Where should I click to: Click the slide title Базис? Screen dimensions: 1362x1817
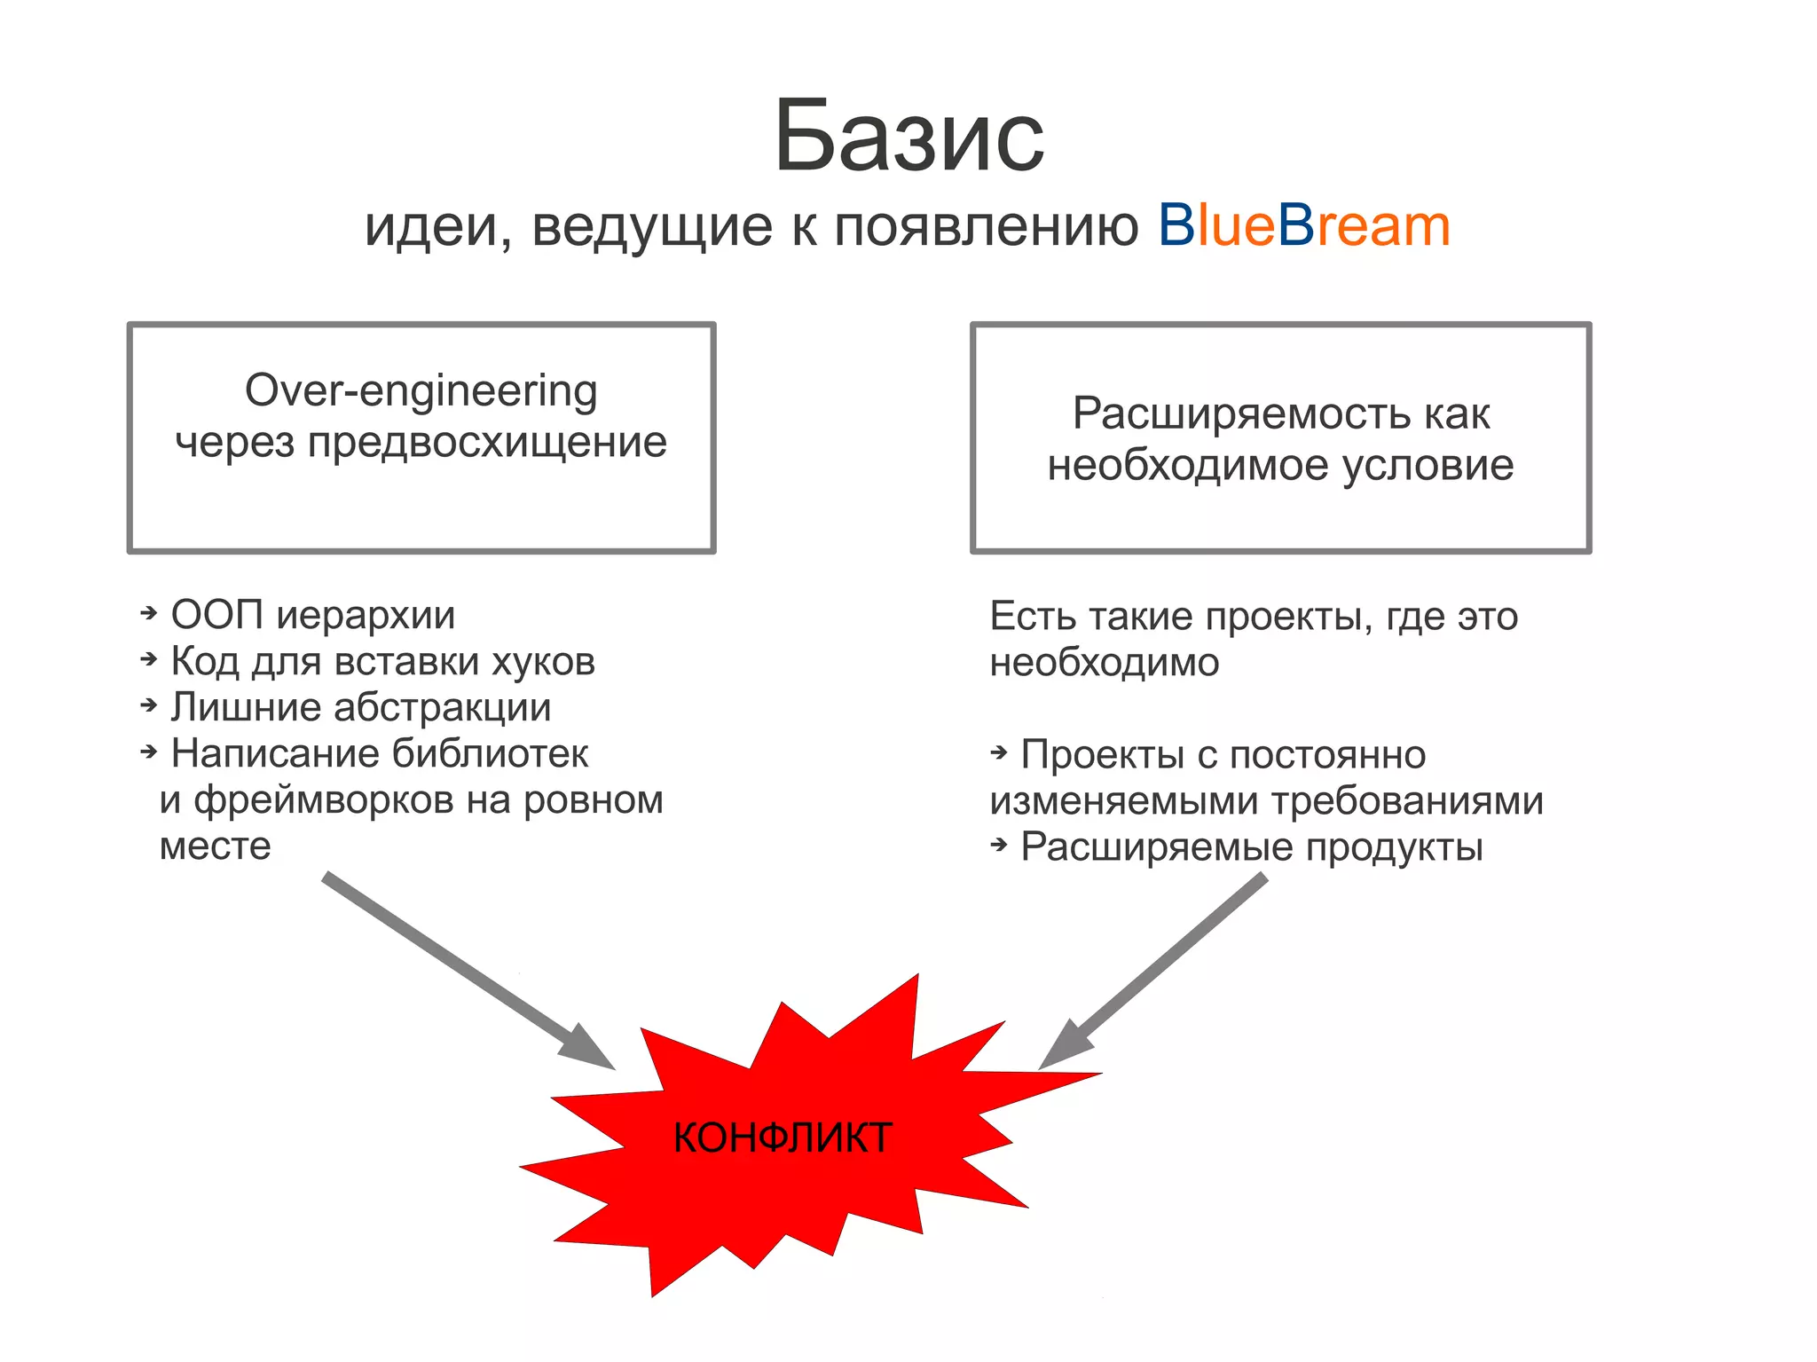[x=908, y=138]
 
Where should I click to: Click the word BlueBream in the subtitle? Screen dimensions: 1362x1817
[x=1303, y=225]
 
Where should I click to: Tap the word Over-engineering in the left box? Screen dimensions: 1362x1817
[x=421, y=390]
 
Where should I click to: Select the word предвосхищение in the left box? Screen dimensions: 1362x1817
[x=487, y=442]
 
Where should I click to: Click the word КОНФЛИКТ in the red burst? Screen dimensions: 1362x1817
[x=782, y=1138]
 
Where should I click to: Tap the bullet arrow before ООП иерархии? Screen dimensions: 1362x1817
[x=149, y=613]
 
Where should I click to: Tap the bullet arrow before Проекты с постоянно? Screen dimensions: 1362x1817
[x=999, y=753]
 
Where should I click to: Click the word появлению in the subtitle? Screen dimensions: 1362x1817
[x=986, y=227]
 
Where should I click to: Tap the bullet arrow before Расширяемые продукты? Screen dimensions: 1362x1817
[x=999, y=846]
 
